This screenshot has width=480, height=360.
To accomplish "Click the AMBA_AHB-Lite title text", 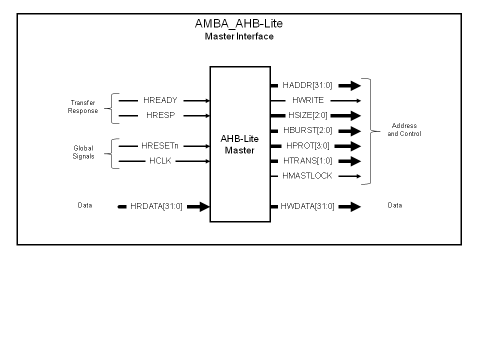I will (x=239, y=23).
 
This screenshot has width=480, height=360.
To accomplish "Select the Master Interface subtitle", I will (x=239, y=36).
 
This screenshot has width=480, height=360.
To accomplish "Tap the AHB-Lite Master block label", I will (x=239, y=144).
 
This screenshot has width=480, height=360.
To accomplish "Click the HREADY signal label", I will (x=160, y=100).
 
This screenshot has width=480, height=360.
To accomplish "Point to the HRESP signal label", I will (x=160, y=115).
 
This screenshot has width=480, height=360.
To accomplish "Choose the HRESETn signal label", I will (x=160, y=146).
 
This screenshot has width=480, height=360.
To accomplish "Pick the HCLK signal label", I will (x=160, y=161).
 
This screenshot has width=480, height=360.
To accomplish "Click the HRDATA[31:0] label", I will (x=156, y=206).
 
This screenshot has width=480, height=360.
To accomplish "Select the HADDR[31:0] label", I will (x=307, y=85).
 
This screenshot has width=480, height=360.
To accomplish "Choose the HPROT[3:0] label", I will (x=307, y=146).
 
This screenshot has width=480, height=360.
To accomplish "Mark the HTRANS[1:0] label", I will (x=307, y=161).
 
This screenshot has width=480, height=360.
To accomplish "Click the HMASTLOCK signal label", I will (x=307, y=176).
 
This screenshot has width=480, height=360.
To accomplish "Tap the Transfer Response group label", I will (x=83, y=107).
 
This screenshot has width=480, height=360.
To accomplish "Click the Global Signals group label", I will (x=83, y=152).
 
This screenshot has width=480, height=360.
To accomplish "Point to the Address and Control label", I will (x=404, y=130).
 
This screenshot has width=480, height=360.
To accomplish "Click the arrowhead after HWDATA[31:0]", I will (x=355, y=206).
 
